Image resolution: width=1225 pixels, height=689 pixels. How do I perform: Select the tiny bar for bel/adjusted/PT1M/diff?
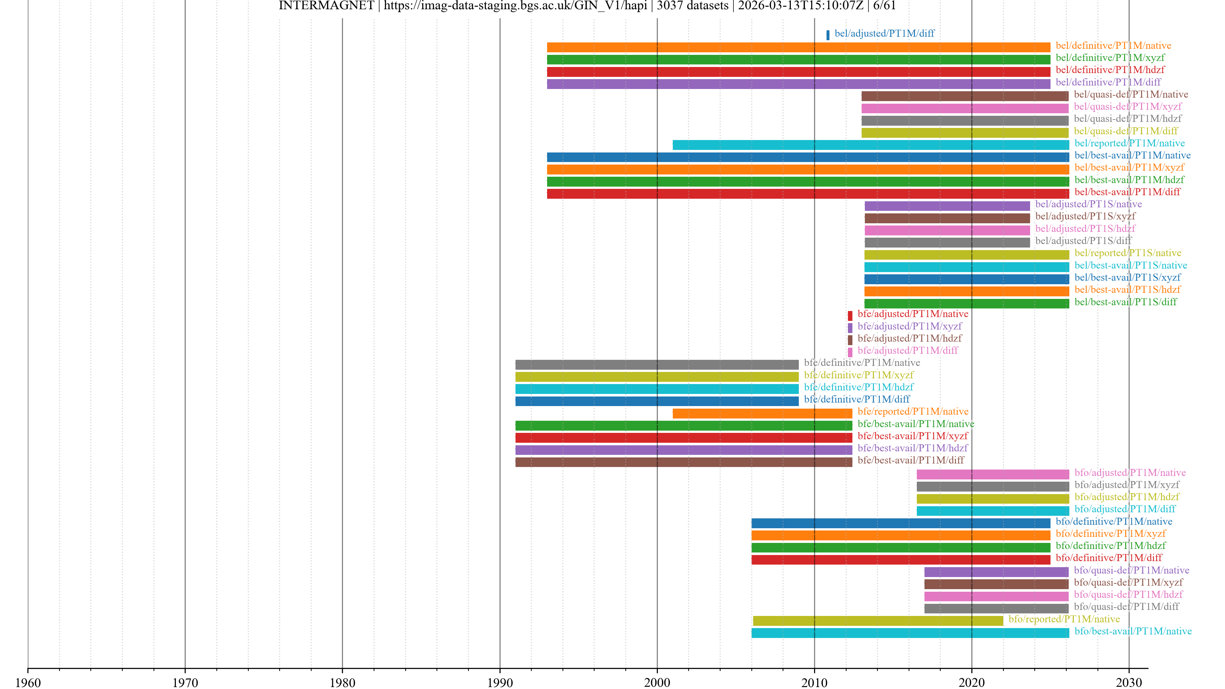pos(828,35)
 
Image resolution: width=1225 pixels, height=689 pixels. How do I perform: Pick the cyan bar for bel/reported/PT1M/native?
pos(870,144)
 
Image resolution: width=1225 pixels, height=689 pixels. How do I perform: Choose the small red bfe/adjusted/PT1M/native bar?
pos(850,315)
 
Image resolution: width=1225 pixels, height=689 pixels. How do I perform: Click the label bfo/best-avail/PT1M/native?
pos(1133,631)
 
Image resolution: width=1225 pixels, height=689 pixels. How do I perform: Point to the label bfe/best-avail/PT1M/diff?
pos(910,460)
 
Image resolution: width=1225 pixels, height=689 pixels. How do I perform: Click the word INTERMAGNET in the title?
pos(326,6)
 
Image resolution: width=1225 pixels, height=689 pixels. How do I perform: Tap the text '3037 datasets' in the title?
pos(692,6)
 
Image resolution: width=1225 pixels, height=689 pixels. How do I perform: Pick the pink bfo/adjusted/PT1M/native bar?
pos(992,474)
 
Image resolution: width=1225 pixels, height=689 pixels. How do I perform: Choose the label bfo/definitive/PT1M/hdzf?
pos(1110,546)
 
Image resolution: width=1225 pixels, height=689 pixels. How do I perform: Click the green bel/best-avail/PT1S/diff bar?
pos(966,303)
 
